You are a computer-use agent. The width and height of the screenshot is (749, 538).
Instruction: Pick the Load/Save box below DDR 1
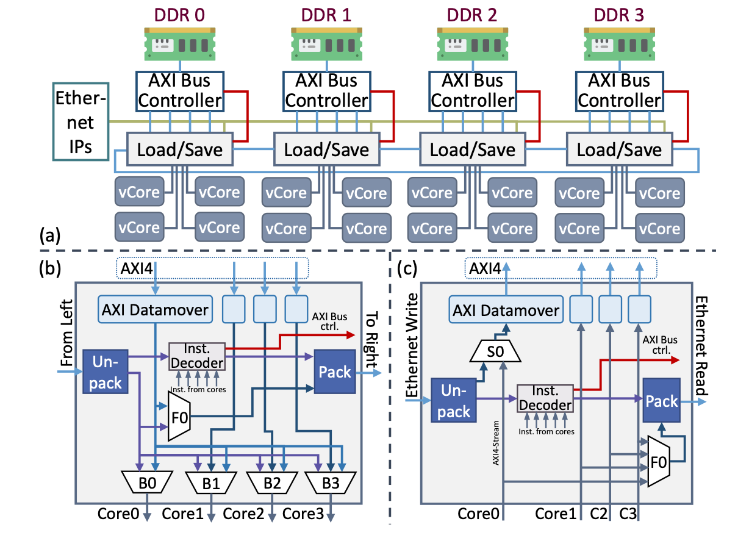(327, 149)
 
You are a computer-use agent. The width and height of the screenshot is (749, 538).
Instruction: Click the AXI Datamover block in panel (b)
(156, 310)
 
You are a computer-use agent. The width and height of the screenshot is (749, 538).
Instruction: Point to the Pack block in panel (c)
(662, 401)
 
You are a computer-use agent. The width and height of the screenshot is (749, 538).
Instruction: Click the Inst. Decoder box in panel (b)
(196, 356)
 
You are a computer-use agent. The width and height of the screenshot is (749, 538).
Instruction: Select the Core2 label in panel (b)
(243, 513)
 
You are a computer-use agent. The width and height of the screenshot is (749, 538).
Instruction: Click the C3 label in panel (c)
(629, 513)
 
